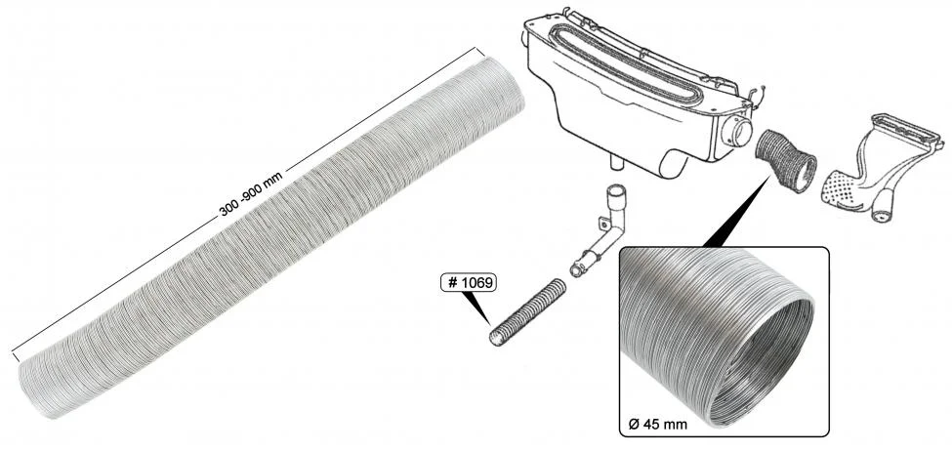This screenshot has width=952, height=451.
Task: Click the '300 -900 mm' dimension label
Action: (x=250, y=194)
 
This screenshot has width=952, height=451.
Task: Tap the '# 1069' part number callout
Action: (x=469, y=283)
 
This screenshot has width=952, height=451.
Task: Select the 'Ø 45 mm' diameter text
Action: (x=657, y=424)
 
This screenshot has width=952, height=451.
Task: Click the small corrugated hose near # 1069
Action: (x=527, y=312)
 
